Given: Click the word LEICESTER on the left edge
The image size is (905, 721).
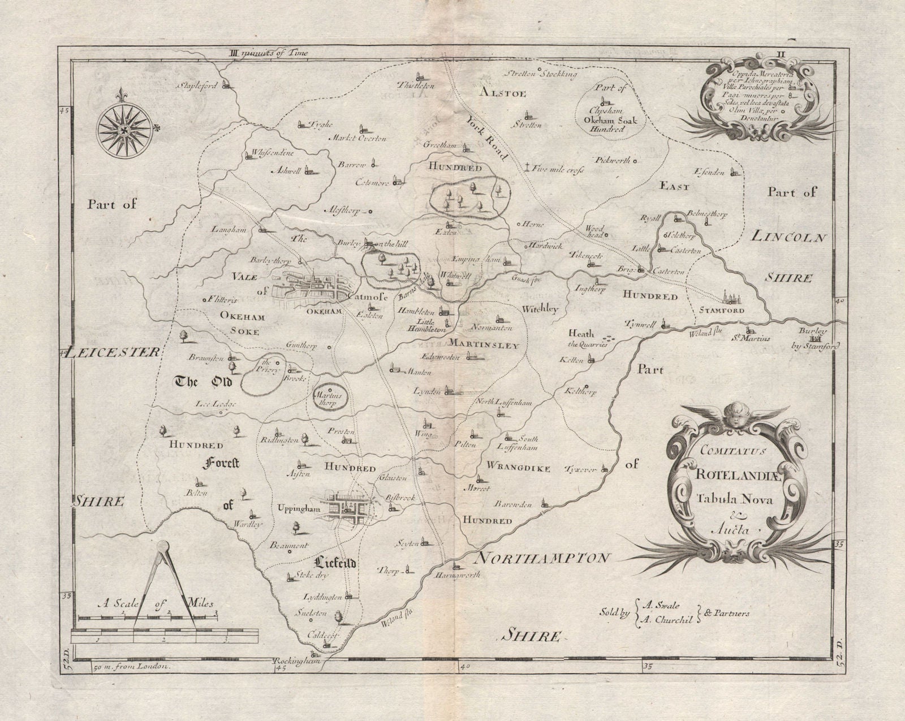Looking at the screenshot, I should click(x=112, y=352).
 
